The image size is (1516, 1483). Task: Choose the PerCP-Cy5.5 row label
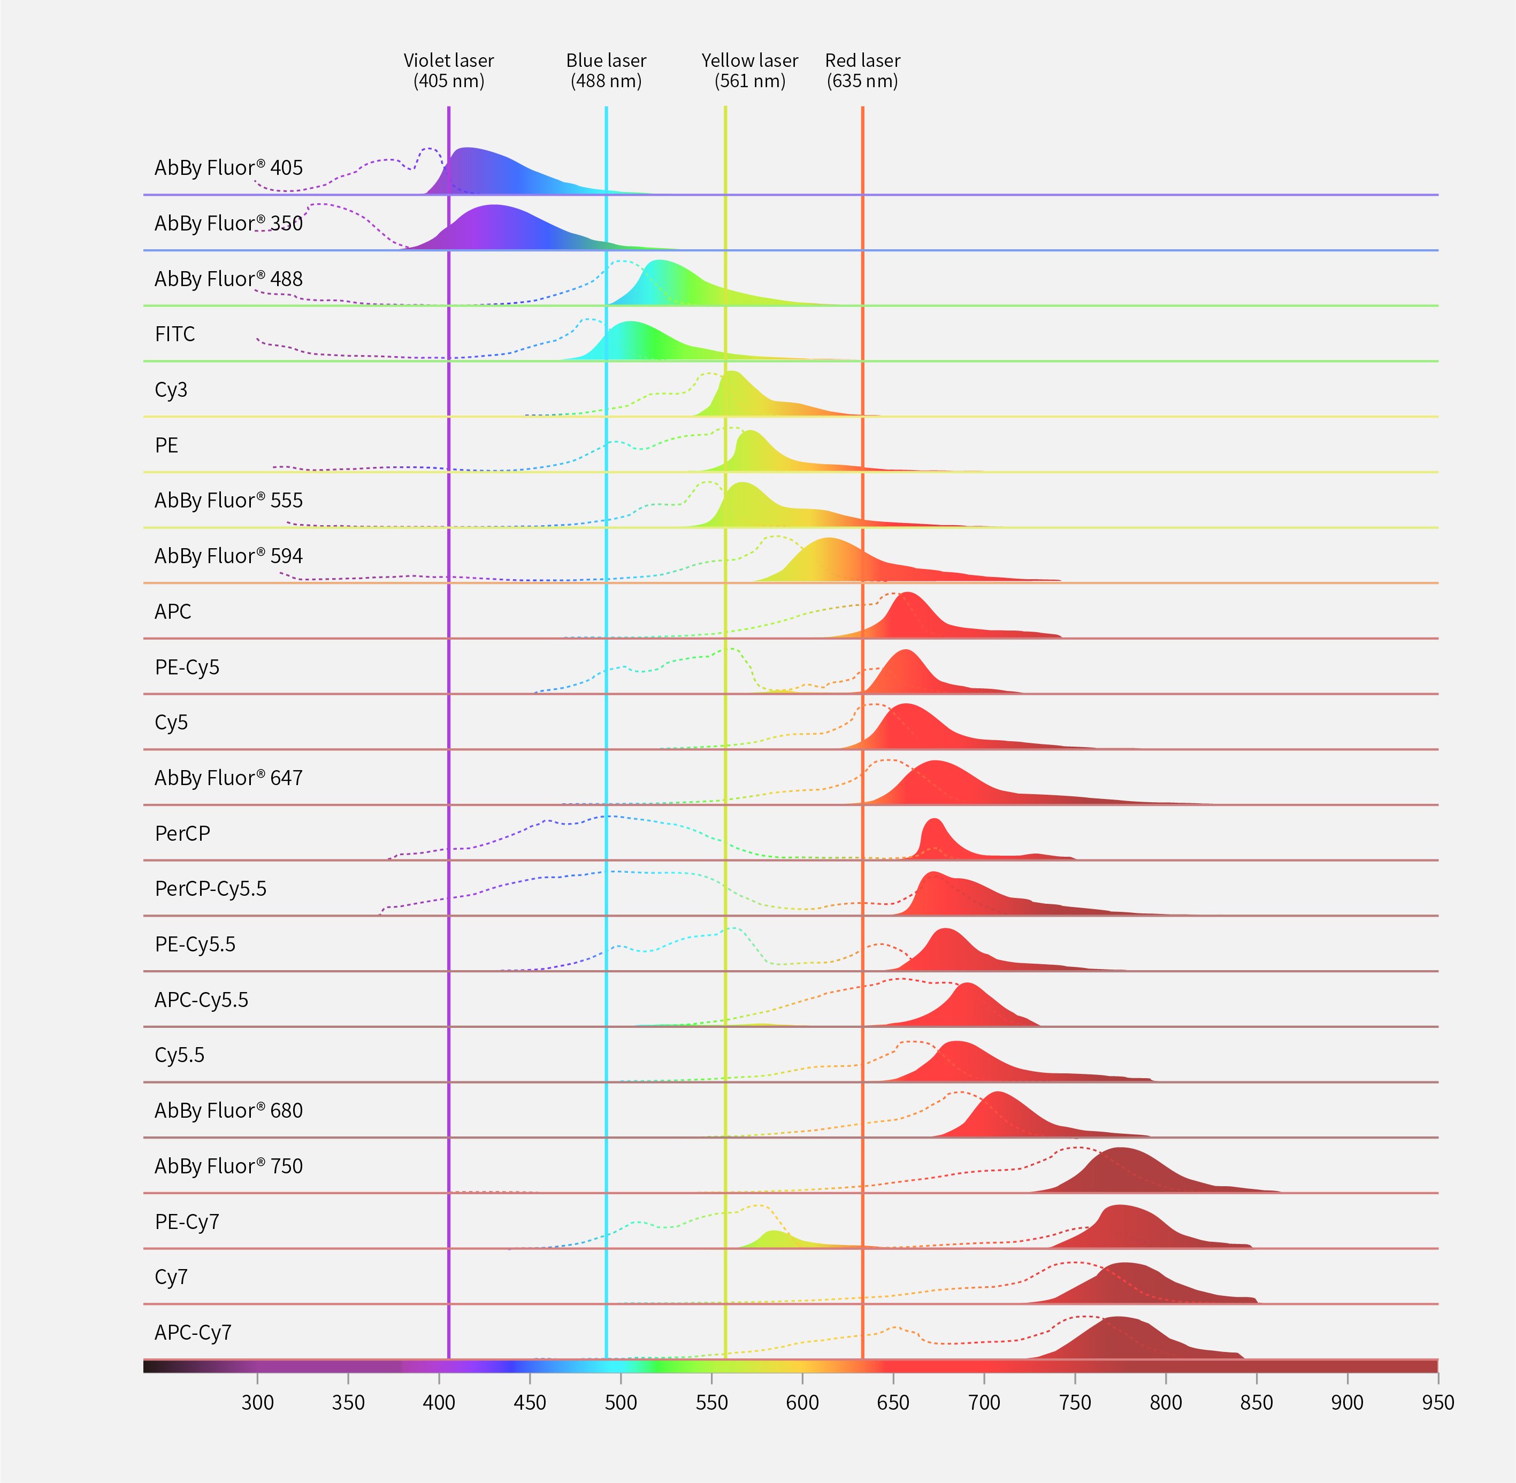(210, 889)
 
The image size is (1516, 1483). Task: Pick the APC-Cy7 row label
(193, 1333)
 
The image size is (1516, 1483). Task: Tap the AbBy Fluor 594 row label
(228, 556)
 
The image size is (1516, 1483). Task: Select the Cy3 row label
(171, 389)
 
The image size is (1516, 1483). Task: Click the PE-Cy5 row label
(187, 667)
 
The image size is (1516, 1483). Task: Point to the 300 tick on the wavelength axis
(257, 1403)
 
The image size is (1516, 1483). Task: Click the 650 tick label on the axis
(893, 1403)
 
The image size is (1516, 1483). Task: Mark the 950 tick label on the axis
(1437, 1403)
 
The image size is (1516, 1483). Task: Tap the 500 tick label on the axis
(621, 1403)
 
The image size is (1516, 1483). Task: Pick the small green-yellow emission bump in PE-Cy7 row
(773, 1239)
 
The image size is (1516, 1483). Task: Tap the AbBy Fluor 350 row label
(228, 224)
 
